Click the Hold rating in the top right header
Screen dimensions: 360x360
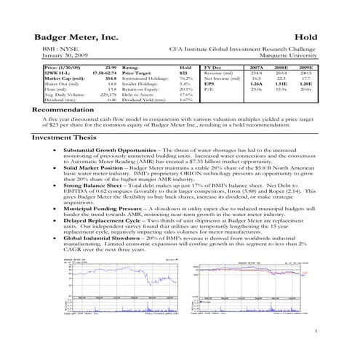click(305, 36)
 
